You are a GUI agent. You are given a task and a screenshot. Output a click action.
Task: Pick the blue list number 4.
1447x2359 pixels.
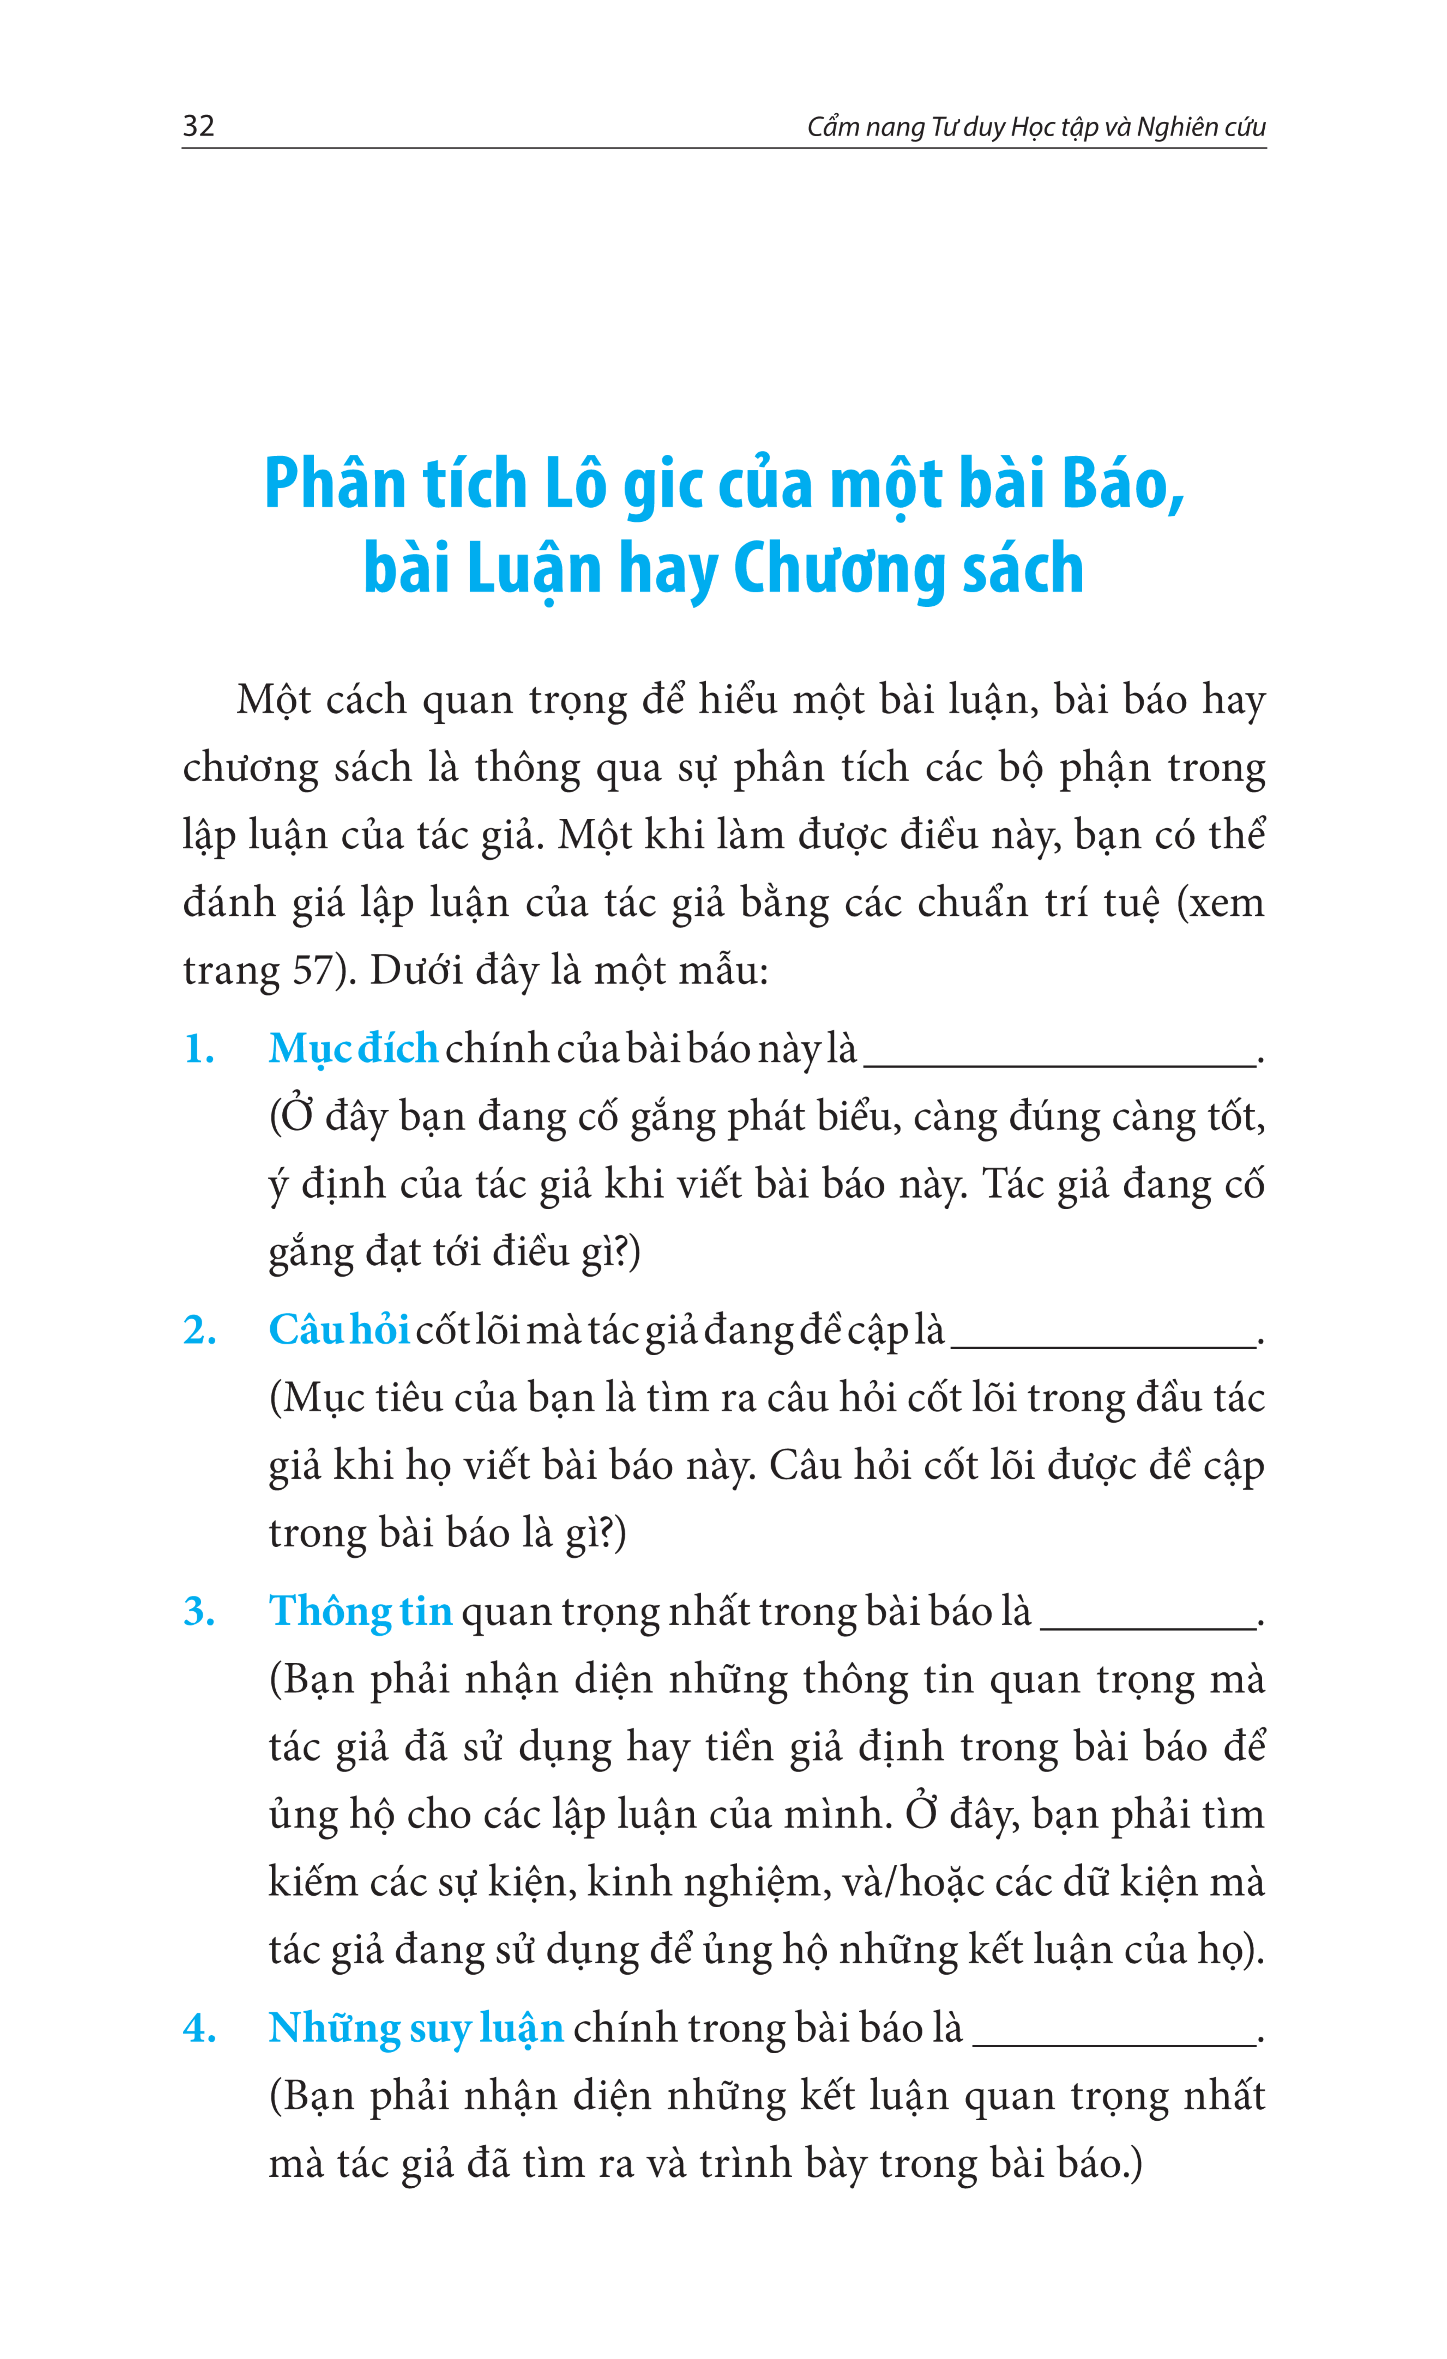click(x=199, y=2029)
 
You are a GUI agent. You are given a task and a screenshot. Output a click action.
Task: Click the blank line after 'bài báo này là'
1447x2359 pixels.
click(x=1060, y=1063)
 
